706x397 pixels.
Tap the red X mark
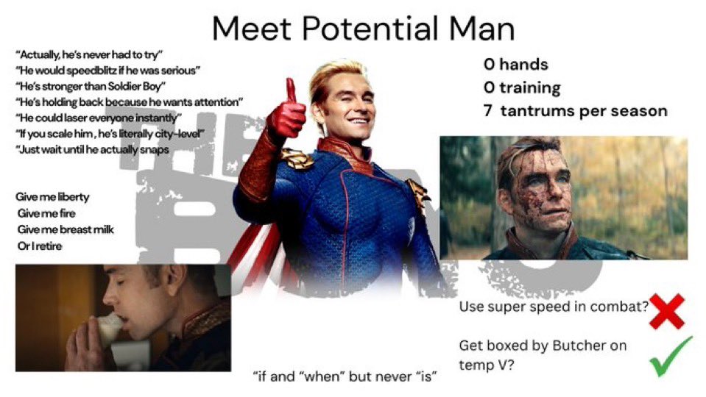tap(667, 311)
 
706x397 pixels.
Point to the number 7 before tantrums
tap(488, 110)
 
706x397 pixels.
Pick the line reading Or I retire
tap(40, 246)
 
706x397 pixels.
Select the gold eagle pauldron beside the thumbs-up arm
tap(297, 158)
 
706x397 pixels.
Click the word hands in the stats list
tap(523, 64)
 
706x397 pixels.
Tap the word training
tap(530, 87)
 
